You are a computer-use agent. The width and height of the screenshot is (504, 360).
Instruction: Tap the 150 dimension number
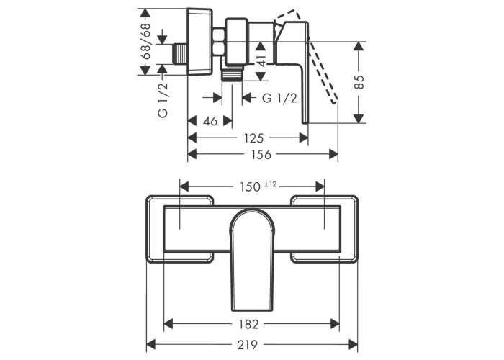(249, 186)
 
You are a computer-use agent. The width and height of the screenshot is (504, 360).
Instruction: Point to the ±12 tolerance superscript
(271, 184)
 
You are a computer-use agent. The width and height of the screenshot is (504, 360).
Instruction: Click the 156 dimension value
(263, 154)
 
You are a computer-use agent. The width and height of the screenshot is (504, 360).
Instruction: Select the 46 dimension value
(210, 120)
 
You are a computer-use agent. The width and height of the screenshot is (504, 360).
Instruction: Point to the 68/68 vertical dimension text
(146, 42)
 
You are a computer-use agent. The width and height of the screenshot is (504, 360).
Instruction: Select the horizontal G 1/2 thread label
(279, 99)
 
